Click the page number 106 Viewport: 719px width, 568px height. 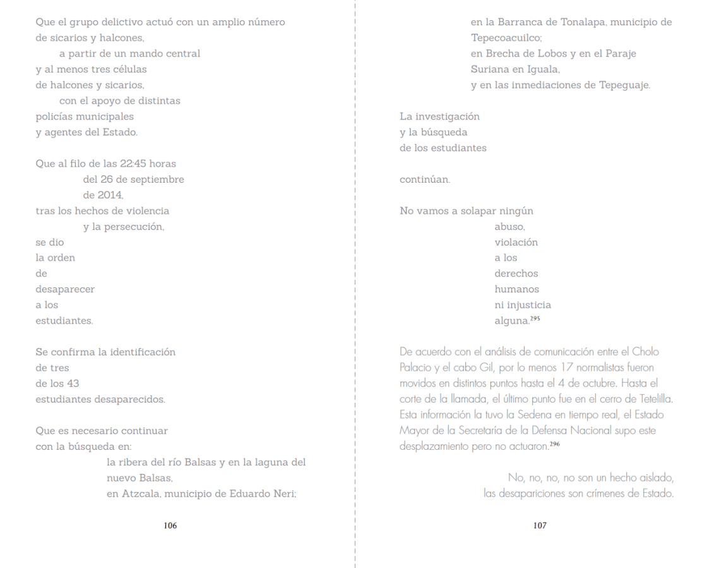(170, 526)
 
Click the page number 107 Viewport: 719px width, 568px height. (540, 526)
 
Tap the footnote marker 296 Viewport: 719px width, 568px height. (555, 445)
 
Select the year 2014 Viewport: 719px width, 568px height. (111, 195)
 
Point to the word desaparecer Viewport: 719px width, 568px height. (65, 289)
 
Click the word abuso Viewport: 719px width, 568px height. (510, 226)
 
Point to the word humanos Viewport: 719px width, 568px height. (516, 289)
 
